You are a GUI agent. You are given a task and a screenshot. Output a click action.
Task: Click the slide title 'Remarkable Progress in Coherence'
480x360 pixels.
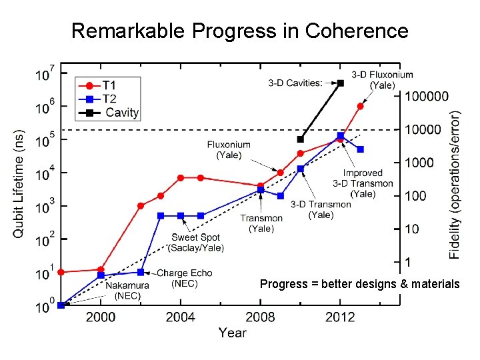click(x=239, y=31)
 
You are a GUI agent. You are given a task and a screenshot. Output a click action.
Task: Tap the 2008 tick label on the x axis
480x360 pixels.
click(x=260, y=317)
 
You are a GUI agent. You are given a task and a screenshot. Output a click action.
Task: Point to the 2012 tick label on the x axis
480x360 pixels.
click(x=340, y=317)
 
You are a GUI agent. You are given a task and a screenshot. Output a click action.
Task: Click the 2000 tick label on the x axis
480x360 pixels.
click(x=101, y=317)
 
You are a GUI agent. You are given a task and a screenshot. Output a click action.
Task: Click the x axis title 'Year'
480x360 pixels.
click(x=232, y=333)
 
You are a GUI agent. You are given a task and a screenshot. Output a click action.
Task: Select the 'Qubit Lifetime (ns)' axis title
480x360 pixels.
click(x=20, y=183)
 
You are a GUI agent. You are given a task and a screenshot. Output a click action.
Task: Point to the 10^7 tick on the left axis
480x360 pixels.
click(x=44, y=73)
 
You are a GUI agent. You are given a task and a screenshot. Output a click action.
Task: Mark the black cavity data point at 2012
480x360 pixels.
click(x=341, y=83)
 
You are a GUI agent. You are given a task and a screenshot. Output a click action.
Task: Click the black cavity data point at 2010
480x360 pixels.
click(x=300, y=139)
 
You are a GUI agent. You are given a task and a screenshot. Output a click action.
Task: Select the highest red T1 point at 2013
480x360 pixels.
click(x=361, y=106)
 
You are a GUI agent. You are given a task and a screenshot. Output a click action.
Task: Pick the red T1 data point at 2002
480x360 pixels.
click(x=141, y=206)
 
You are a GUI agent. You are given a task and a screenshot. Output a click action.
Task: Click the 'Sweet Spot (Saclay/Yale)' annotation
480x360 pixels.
click(x=196, y=243)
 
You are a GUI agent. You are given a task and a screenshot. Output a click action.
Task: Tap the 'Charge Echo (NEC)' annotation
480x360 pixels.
click(x=185, y=278)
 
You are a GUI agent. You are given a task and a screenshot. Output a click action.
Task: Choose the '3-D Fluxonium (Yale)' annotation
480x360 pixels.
click(x=382, y=80)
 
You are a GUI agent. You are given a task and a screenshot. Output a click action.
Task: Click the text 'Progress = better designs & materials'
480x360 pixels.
click(x=359, y=285)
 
